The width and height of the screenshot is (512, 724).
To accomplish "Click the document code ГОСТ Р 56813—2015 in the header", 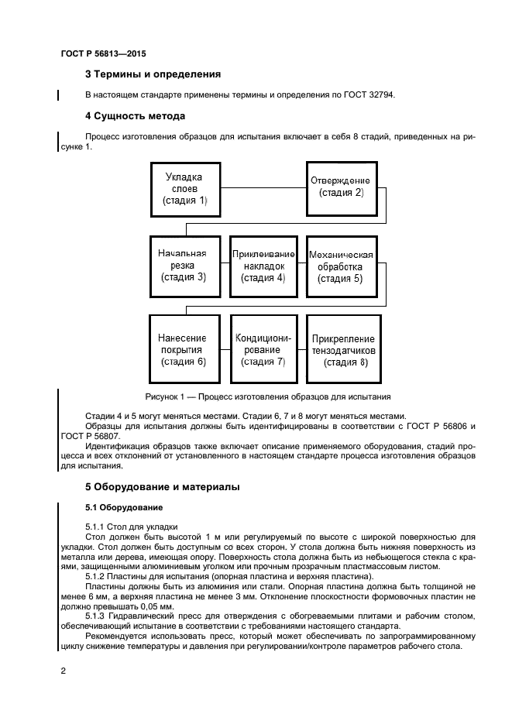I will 103,54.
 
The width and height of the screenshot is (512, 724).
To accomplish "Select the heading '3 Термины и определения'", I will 153,74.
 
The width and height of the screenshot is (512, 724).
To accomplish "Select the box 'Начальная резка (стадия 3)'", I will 184,265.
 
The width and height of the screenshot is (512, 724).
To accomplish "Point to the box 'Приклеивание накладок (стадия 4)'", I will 264,265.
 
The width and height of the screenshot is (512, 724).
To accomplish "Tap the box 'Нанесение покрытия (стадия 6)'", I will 184,349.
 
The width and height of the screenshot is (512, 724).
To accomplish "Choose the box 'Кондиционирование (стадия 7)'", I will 264,349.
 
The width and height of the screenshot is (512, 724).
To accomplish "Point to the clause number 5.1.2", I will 97,577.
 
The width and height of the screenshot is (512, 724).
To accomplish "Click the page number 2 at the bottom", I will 64,671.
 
